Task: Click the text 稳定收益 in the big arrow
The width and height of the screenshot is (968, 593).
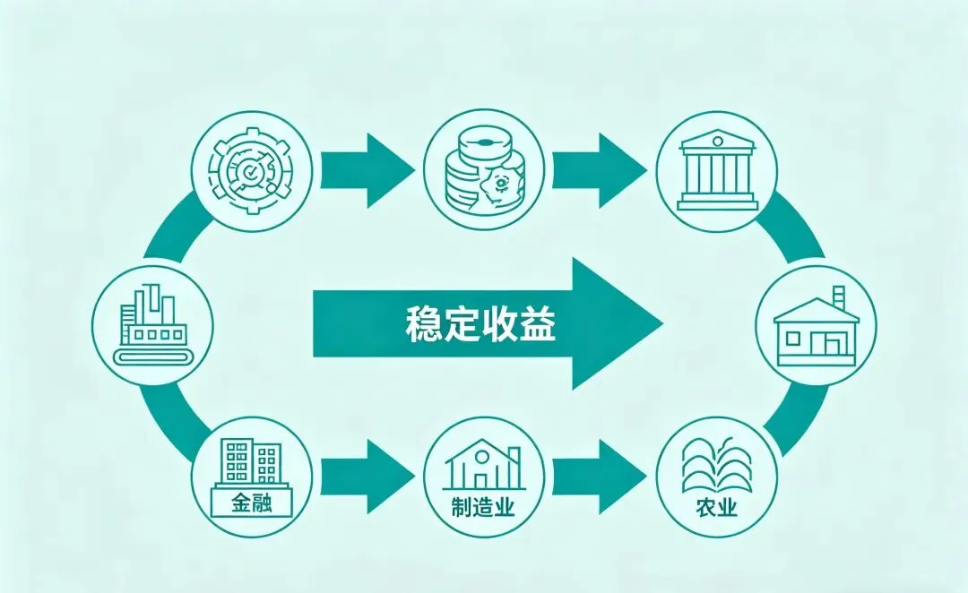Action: (480, 324)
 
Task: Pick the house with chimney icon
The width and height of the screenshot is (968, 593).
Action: (815, 326)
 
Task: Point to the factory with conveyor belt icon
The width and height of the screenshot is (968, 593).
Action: (152, 326)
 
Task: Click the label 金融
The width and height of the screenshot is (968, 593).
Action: (252, 503)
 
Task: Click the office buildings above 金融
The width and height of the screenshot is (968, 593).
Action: (253, 462)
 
